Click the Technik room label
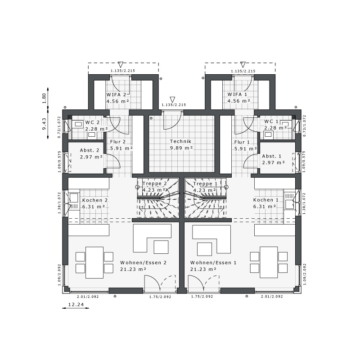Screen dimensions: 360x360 [x=180, y=141]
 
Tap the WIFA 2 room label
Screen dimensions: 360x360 [x=116, y=94]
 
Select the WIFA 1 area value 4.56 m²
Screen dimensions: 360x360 [x=239, y=101]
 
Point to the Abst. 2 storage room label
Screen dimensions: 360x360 [x=90, y=150]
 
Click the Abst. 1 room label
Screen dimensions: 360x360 [x=272, y=156]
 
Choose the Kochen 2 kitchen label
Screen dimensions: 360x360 [x=95, y=200]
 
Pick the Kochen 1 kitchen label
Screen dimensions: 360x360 [x=265, y=200]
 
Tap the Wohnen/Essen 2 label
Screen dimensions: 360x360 [x=143, y=263]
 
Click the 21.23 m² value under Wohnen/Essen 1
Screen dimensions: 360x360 [x=203, y=269]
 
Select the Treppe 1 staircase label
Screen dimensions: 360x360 [x=205, y=184]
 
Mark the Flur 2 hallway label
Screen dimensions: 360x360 [x=118, y=142]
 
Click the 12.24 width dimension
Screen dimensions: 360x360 [x=76, y=305]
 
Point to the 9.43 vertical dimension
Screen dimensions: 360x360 [x=44, y=124]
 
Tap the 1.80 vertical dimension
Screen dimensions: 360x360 [x=44, y=98]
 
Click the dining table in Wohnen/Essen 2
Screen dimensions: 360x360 [x=94, y=262]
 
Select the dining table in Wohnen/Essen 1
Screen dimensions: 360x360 [x=269, y=262]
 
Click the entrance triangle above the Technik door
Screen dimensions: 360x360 [x=172, y=99]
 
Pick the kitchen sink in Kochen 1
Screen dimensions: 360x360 [x=289, y=204]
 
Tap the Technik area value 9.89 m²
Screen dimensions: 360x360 [x=181, y=148]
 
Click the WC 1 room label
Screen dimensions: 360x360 [x=271, y=121]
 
